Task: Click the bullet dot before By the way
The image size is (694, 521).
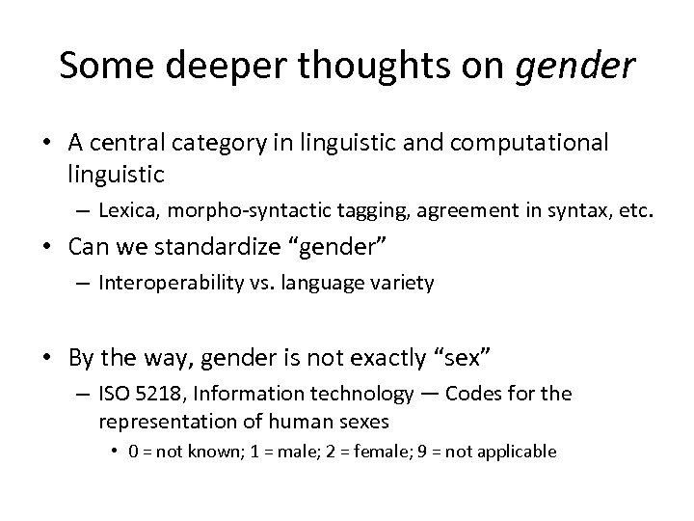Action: [x=52, y=359]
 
